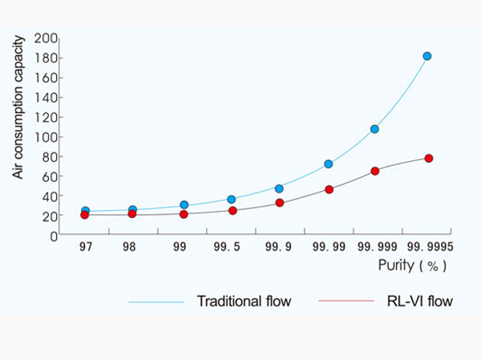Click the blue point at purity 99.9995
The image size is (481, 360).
[427, 56]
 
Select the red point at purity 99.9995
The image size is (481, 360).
[429, 158]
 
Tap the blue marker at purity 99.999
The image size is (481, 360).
[374, 129]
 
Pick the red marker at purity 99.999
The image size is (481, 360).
[374, 171]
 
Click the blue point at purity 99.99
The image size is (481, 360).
[329, 164]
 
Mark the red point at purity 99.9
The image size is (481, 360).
[279, 203]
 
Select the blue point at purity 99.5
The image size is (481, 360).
[231, 199]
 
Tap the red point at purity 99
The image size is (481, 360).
[184, 214]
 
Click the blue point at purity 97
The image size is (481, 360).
[85, 212]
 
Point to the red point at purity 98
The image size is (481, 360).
[132, 214]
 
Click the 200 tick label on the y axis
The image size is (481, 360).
[47, 38]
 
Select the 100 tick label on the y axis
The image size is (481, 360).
[47, 137]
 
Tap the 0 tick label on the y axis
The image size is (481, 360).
[54, 236]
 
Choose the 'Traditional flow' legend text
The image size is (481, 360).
[244, 301]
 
